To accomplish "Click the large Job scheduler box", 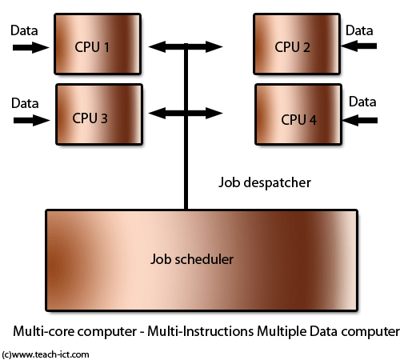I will (201, 260).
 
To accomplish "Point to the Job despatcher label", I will (265, 182).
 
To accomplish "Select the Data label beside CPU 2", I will (362, 30).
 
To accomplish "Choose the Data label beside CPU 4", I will (362, 102).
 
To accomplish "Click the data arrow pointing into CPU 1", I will (29, 48).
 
